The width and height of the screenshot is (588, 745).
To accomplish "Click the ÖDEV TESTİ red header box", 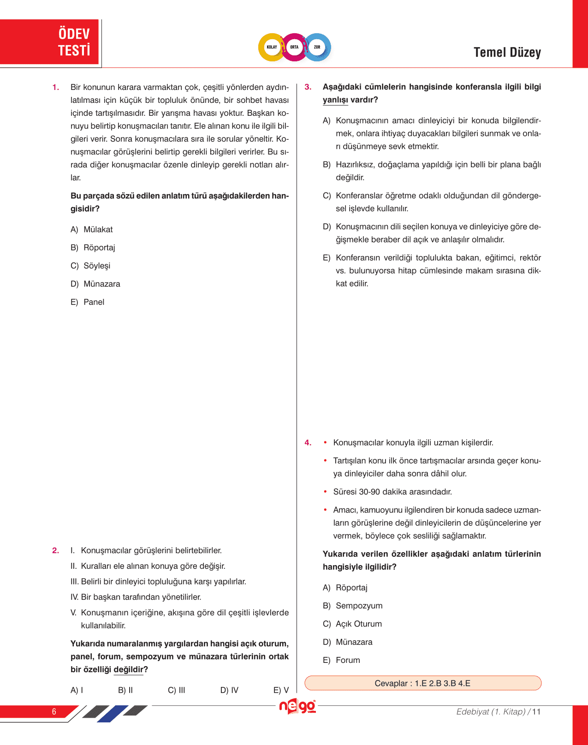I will pos(50,42).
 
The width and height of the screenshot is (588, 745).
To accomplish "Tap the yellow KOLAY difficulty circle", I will pos(272,47).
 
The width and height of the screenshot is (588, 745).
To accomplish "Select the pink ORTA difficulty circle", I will pos(294,47).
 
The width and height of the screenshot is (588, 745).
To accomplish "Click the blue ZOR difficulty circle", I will pos(317,47).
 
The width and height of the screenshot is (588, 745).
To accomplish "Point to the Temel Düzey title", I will pos(507,53).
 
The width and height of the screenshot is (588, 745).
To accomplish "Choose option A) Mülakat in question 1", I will pos(92,229).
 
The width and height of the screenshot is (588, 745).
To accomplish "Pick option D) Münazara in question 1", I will pos(95,284).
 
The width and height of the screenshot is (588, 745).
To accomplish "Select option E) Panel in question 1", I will pos(88,302).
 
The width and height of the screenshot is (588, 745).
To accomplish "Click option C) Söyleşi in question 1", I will pos(90,266).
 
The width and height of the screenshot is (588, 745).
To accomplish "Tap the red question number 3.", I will pos(308,87).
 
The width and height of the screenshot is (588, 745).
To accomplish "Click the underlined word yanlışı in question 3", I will pos(335,100).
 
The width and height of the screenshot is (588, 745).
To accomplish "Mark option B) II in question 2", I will pos(125,690).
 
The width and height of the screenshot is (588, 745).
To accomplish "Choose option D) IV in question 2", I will pos(229,690).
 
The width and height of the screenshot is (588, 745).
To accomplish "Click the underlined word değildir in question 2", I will pos(129,669).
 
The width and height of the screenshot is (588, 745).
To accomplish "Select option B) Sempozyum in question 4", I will pos(353,606).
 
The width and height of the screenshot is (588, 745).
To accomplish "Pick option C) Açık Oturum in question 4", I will pos(352,624).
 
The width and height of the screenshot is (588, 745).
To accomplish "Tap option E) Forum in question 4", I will pos(341,660).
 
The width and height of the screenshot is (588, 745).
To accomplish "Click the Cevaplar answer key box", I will pos(422,683).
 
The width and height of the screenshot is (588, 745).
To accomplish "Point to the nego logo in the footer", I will pos(297,706).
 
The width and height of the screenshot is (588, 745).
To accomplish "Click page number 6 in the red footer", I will pos(54,711).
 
